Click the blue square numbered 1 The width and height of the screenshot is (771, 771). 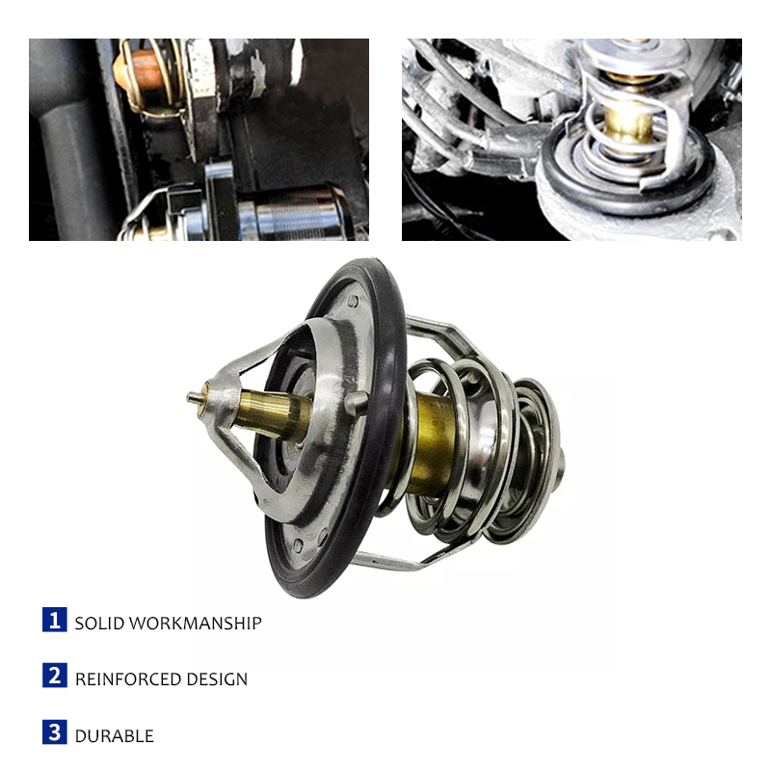(55, 620)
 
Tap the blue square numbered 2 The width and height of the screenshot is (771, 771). (55, 676)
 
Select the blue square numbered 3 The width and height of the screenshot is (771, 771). (55, 732)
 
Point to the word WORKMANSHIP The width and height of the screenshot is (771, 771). (196, 624)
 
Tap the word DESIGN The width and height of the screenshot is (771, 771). (217, 679)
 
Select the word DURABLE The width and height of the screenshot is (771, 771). (114, 736)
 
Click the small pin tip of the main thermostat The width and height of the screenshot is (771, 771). (194, 396)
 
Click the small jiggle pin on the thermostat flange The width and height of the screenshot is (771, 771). (356, 402)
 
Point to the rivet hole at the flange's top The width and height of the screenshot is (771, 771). (353, 301)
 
